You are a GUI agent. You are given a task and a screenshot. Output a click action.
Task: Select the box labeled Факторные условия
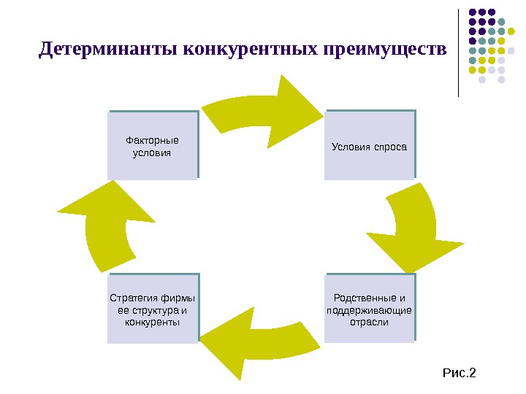tap(152, 145)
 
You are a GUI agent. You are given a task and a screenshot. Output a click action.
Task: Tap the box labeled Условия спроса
tap(369, 145)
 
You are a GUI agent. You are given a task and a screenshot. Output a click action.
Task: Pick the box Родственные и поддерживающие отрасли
tap(369, 309)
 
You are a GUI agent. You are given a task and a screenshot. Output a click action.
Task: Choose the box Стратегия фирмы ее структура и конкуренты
tap(152, 309)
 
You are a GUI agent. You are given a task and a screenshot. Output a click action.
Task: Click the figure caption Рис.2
tap(459, 374)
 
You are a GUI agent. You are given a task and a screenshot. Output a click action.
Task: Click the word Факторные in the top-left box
tap(152, 140)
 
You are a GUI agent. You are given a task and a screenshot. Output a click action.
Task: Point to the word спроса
tap(391, 146)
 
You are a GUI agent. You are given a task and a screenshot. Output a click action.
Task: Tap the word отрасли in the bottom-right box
tap(369, 322)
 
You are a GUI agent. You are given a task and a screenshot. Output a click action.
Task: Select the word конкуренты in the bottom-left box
tap(152, 322)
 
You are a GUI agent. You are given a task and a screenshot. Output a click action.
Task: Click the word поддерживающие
tap(369, 310)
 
